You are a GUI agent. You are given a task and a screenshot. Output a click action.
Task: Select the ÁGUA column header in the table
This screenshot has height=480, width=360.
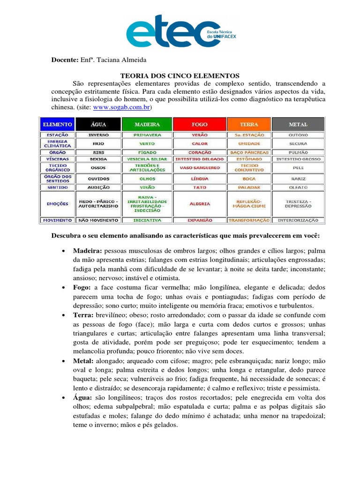pyautogui.click(x=98, y=124)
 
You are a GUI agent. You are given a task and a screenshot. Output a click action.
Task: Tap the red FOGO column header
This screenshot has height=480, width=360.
pyautogui.click(x=199, y=124)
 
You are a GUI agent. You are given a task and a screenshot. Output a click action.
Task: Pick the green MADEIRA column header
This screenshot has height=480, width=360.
pyautogui.click(x=147, y=124)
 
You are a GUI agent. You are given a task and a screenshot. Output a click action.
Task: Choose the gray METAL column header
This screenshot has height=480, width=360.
pyautogui.click(x=298, y=124)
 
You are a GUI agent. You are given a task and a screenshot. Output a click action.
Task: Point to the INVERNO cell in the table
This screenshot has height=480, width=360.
pyautogui.click(x=98, y=135)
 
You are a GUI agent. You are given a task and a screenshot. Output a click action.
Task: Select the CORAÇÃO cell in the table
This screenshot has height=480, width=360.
pyautogui.click(x=199, y=152)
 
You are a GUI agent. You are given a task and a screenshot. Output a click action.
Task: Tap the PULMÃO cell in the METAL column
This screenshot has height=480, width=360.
pyautogui.click(x=298, y=152)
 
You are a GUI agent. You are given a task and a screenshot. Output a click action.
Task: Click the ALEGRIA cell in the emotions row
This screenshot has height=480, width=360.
pyautogui.click(x=199, y=204)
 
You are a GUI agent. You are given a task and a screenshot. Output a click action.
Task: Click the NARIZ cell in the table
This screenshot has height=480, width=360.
pyautogui.click(x=298, y=179)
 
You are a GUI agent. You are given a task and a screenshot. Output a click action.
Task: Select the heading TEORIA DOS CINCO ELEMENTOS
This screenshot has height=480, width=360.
pyautogui.click(x=180, y=75)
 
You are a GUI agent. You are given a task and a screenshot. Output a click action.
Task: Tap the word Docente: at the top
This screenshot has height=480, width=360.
pyautogui.click(x=64, y=60)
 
